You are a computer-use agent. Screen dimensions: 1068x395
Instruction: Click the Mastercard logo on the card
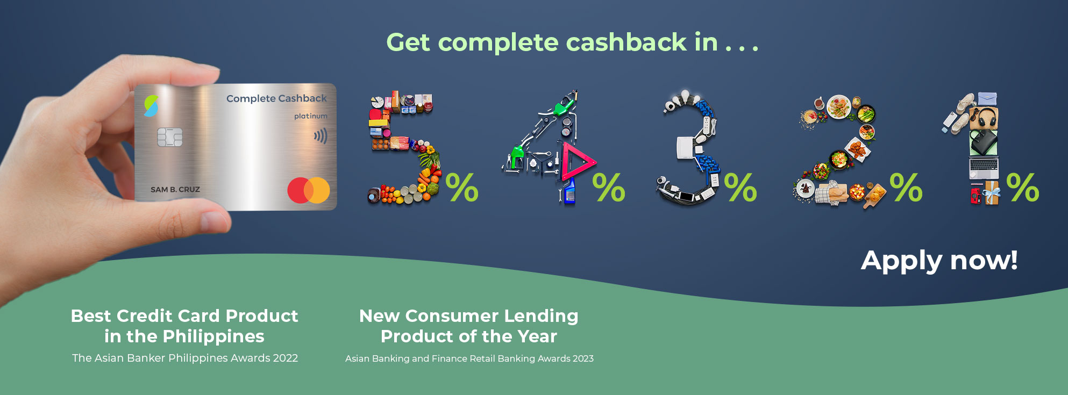309,190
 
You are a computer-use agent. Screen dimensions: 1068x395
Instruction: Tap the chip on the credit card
169,138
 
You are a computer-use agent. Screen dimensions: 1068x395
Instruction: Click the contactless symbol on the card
321,137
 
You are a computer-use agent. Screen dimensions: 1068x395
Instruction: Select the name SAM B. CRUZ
175,190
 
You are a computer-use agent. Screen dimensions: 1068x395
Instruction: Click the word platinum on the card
310,116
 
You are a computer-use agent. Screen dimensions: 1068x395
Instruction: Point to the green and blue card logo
152,106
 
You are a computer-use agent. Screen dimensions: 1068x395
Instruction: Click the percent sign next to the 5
462,187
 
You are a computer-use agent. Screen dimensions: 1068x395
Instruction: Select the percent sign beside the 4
609,187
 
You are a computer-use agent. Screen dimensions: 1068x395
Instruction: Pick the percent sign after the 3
741,187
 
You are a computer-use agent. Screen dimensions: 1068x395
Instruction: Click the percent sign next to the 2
906,187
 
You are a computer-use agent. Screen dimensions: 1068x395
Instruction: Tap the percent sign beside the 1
1023,187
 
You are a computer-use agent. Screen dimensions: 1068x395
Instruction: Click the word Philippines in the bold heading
213,337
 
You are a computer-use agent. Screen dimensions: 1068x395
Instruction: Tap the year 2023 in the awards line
583,358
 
